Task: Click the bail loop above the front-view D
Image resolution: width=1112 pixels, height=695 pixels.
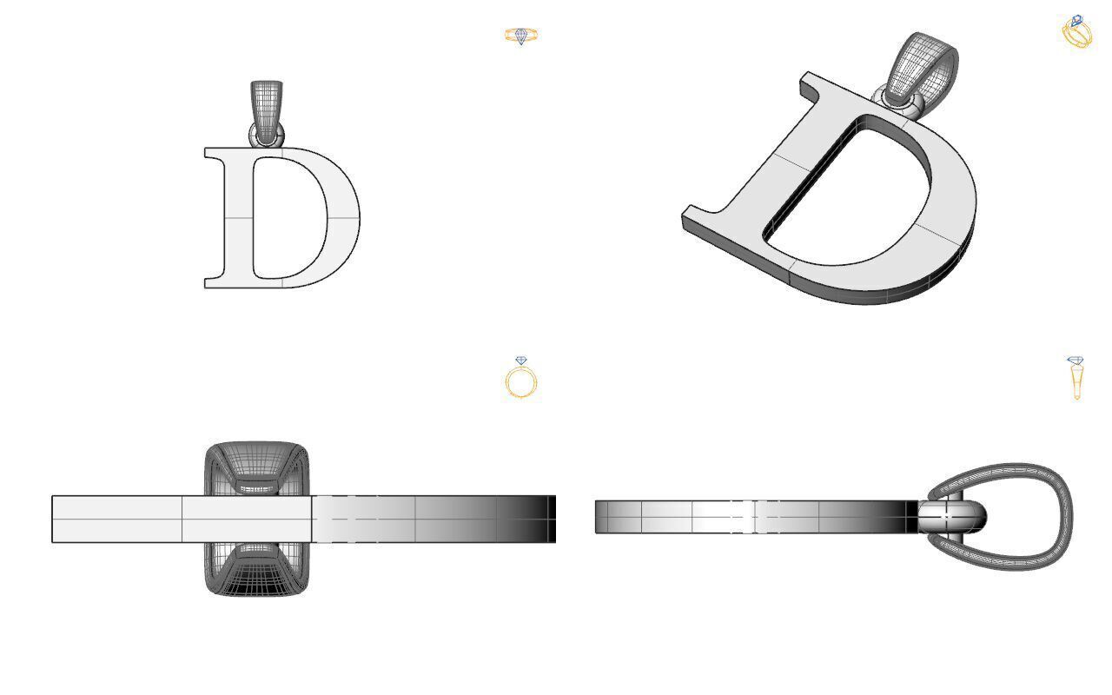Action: point(267,103)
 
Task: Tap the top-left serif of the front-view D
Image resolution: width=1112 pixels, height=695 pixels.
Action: point(214,154)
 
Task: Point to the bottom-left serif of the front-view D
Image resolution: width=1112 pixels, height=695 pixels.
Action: point(214,281)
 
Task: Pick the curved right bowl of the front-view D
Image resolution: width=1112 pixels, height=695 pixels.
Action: point(344,217)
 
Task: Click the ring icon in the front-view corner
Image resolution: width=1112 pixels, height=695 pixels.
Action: point(521,36)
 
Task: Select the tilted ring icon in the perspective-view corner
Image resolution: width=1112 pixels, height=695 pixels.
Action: point(1077,32)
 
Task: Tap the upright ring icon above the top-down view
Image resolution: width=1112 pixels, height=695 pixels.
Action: point(521,379)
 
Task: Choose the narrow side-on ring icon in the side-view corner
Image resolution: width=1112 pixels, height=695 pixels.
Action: point(1076,377)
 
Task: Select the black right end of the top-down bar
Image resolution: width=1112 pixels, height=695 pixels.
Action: point(550,519)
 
